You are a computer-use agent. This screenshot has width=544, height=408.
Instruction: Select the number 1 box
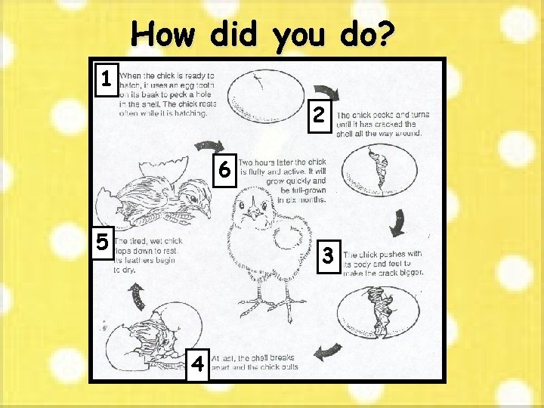point(107,77)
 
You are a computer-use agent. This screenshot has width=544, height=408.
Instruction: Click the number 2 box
point(320,115)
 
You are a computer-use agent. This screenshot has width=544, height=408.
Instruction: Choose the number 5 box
point(104,241)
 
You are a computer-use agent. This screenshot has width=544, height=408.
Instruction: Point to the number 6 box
point(224,170)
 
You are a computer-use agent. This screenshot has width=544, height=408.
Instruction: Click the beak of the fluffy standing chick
point(255,209)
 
